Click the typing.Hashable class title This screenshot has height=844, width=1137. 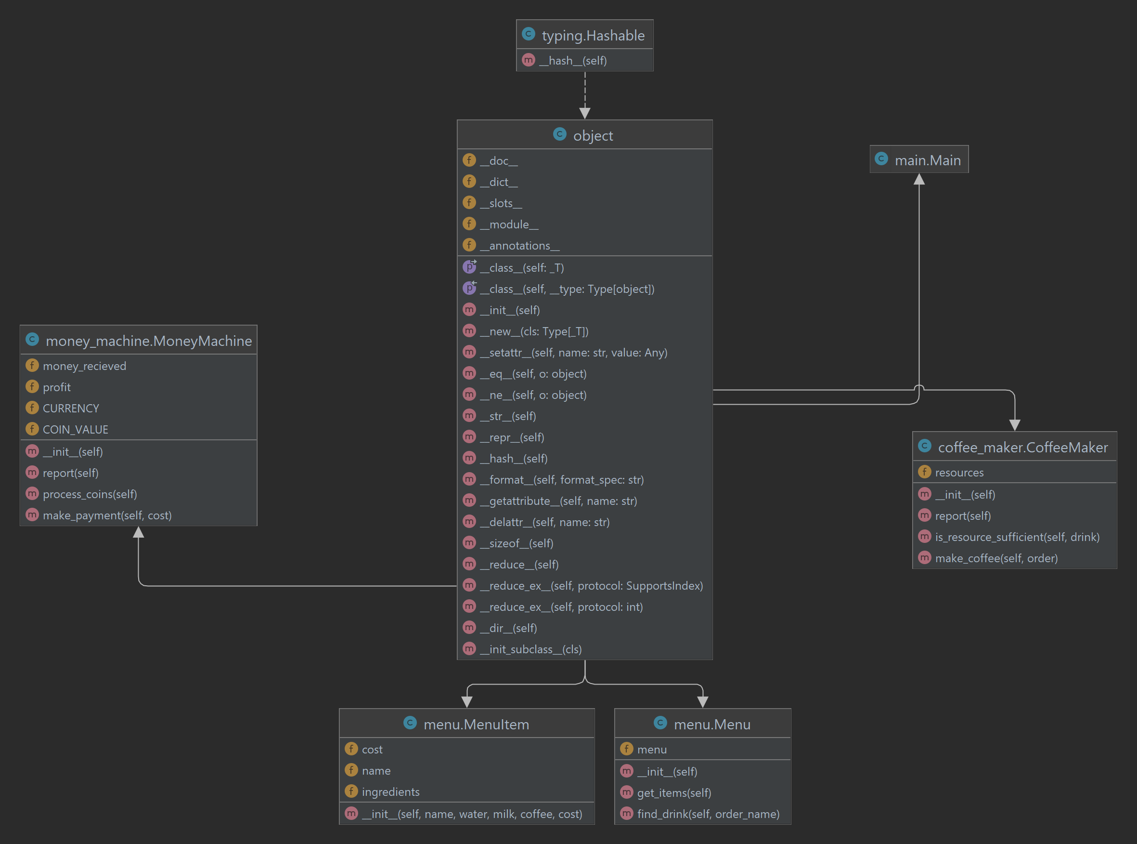point(592,35)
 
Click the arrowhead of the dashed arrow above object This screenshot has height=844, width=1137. point(584,113)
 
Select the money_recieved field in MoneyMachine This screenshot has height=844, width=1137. point(84,366)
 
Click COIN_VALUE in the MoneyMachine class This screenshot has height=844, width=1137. point(75,430)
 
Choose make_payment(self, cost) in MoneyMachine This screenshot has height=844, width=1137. point(107,515)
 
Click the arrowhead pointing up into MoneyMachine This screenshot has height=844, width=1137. point(138,533)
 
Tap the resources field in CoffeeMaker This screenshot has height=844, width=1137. point(959,473)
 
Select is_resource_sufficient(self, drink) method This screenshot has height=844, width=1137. point(1017,537)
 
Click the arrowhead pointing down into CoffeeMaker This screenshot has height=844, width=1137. point(1014,425)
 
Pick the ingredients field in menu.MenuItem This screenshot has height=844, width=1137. point(390,792)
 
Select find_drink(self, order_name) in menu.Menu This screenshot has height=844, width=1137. point(708,814)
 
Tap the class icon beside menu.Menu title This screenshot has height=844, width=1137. point(660,723)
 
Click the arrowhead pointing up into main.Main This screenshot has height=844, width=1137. point(919,179)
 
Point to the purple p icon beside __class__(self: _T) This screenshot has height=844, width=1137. point(469,267)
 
